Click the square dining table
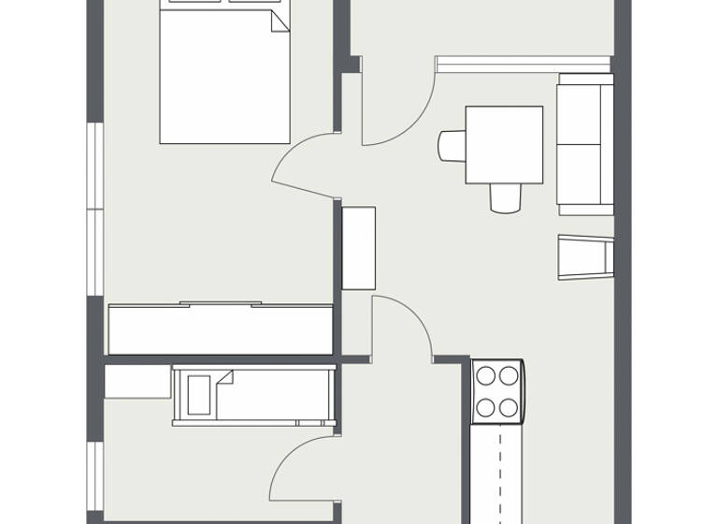coord(504,144)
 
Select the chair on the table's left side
coord(452,145)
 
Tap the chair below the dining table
coord(505,197)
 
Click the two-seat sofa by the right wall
coord(585,145)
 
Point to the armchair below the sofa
coord(585,256)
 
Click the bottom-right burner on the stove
coord(509,407)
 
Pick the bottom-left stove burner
coord(486,407)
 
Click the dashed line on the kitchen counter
coord(499,468)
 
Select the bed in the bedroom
coord(224,80)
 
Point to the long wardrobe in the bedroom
coord(221,328)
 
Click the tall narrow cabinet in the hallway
coord(358,248)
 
